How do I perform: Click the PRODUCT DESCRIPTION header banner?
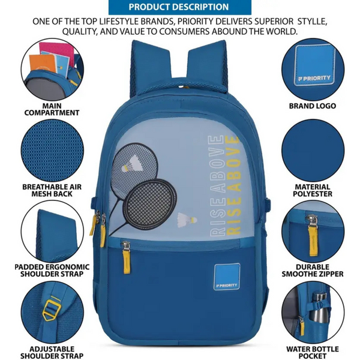179,7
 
